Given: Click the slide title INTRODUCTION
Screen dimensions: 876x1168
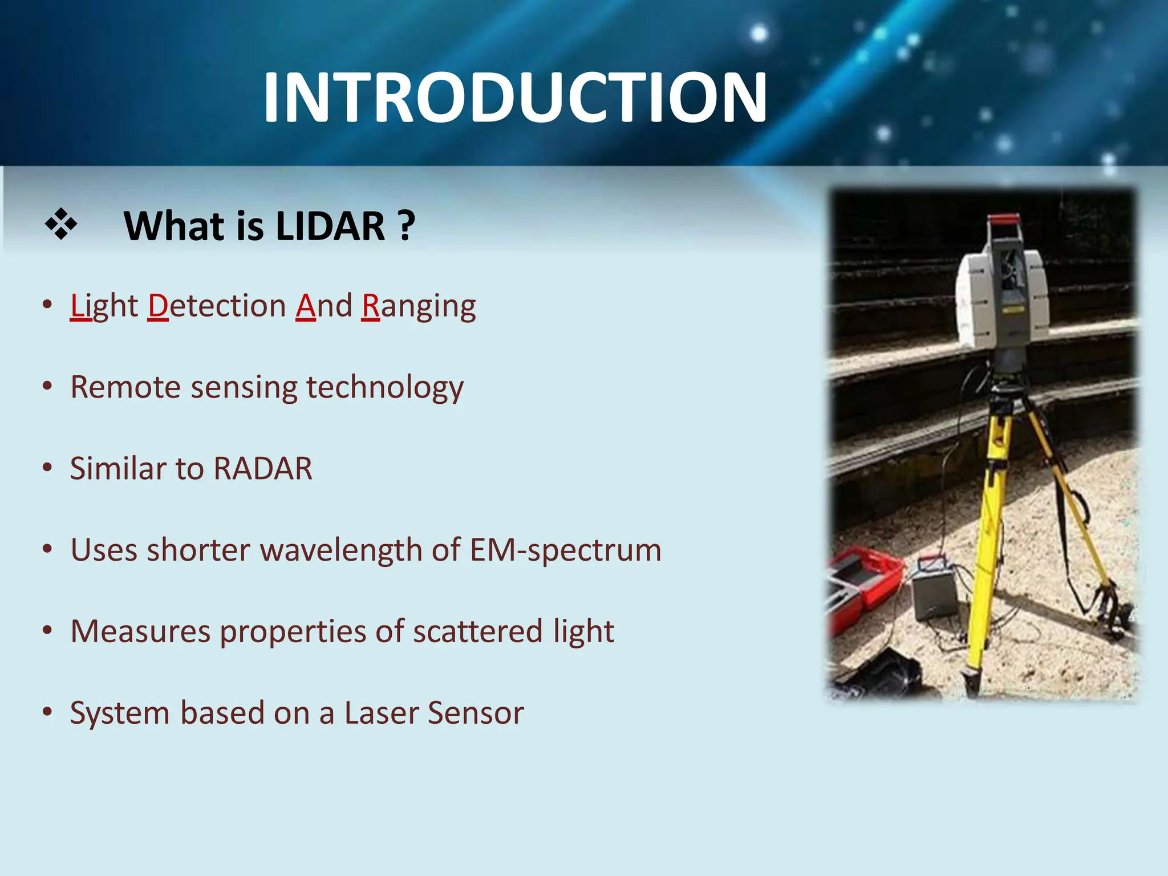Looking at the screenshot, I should coord(515,98).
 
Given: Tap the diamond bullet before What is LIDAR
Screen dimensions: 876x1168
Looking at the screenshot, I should coord(61,225).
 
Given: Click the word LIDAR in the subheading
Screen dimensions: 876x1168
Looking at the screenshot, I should coord(330,226).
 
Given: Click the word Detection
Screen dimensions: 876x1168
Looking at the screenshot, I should coord(217,306).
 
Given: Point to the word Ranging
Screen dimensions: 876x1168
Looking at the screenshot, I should coord(419,307).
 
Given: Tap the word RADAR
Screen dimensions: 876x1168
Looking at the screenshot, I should coord(263,469).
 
